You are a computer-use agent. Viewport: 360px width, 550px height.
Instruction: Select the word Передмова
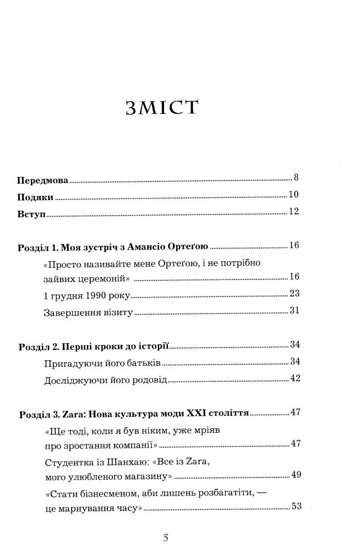coord(41,180)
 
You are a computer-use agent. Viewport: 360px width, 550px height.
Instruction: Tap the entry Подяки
coord(35,196)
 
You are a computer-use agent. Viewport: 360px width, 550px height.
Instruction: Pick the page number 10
coord(293,194)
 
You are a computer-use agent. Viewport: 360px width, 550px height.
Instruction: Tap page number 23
coord(293,293)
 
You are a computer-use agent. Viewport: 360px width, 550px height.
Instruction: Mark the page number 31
coord(293,311)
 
